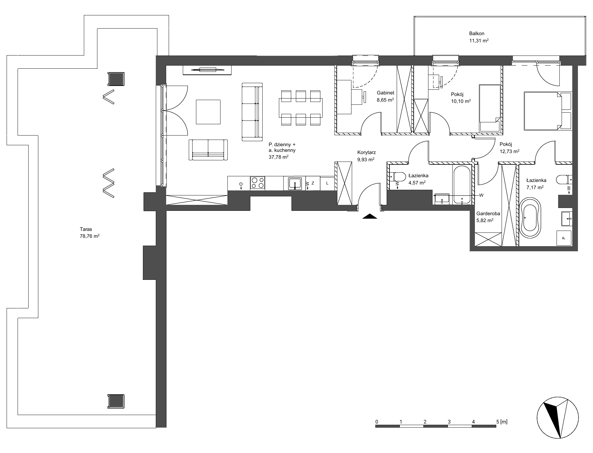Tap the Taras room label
tap(86, 229)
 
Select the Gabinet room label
tap(385, 93)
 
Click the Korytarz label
tap(367, 153)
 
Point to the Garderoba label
tap(488, 214)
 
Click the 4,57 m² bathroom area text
tap(417, 183)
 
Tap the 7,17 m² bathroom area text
tap(535, 188)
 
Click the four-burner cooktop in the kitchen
tap(258, 183)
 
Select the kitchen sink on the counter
tap(295, 183)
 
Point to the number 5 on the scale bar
tap(498, 421)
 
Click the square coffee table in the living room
tap(208, 112)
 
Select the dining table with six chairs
tap(301, 108)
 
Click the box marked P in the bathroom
tap(563, 238)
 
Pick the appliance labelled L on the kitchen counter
tap(327, 183)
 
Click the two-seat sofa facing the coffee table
tap(208, 150)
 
